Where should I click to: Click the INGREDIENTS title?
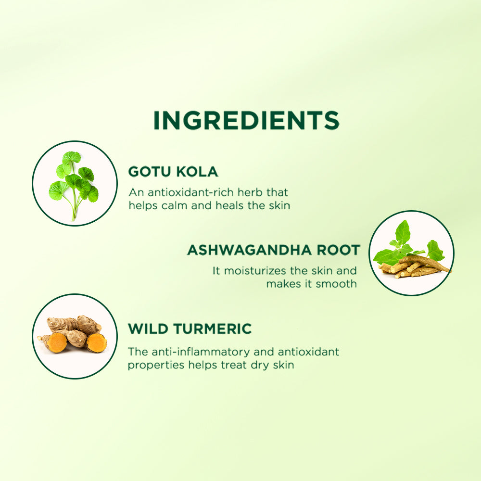coord(246,120)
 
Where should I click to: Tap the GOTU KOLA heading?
coord(173,172)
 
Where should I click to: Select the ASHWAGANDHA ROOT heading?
coord(273,250)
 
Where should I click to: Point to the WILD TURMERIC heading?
coord(190,329)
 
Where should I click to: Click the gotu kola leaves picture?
coord(75,183)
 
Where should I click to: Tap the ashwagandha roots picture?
coord(411,253)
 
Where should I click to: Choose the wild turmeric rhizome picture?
coord(75,336)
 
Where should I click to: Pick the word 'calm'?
coord(169,205)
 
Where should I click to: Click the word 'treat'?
coord(235,365)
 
